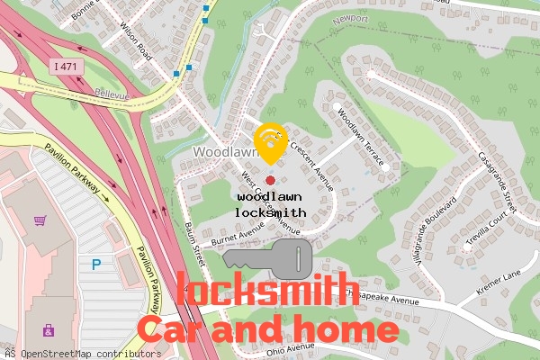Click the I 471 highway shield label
[65, 66]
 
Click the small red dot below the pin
[270, 181]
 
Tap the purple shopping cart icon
[40, 220]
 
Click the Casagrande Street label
[495, 180]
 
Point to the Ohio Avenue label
[291, 346]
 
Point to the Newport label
[350, 19]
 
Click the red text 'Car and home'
[266, 329]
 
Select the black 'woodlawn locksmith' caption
[270, 204]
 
